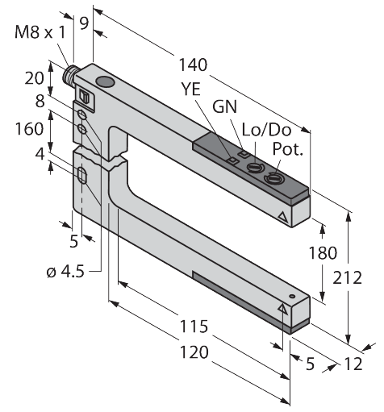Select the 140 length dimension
tap(193, 65)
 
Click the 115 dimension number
tap(195, 327)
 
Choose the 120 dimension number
tap(195, 352)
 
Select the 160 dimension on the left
tap(31, 128)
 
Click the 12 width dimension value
tap(353, 364)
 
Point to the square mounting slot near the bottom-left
tap(82, 175)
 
